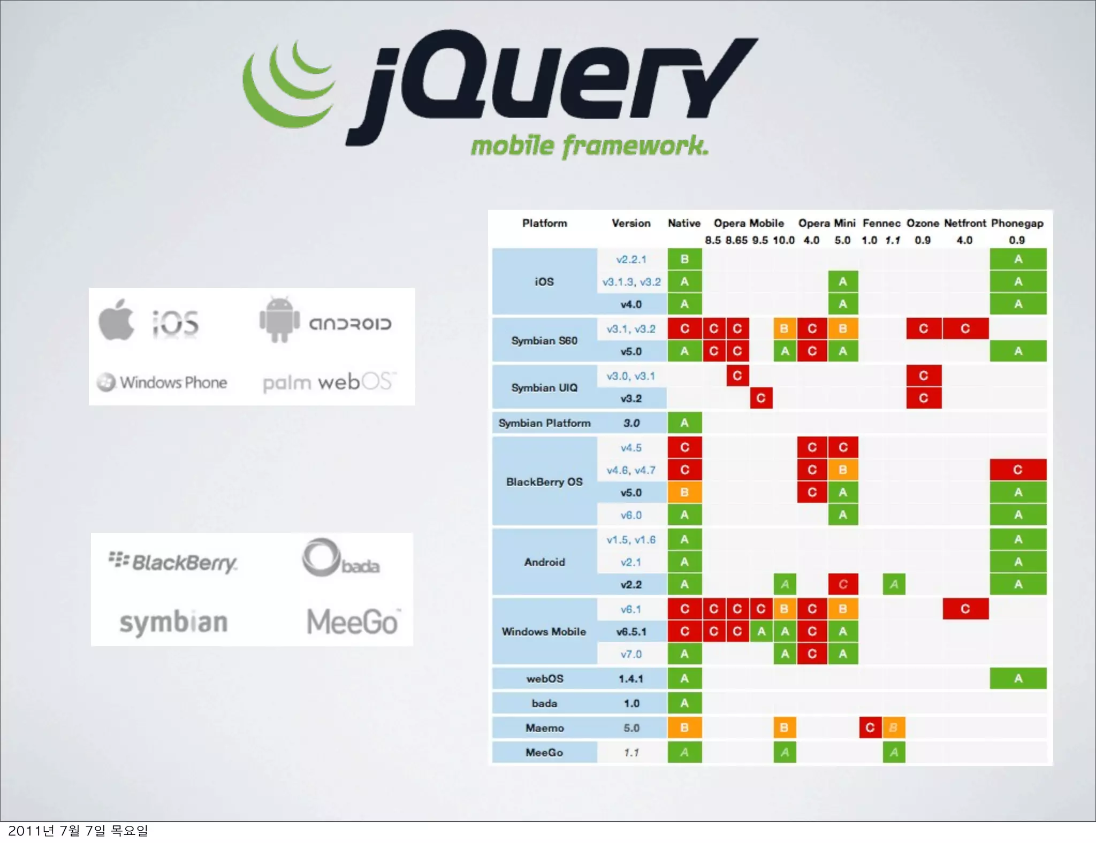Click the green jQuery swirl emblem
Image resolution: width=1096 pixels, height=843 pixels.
(x=286, y=86)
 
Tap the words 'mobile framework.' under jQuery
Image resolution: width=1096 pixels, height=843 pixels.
(x=589, y=146)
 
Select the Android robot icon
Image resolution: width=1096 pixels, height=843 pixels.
(x=279, y=320)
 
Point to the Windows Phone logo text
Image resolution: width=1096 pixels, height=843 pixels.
(x=173, y=382)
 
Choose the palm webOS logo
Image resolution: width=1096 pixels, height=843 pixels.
(x=329, y=382)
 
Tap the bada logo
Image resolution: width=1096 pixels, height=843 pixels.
(x=340, y=559)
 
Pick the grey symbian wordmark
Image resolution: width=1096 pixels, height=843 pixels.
(x=173, y=622)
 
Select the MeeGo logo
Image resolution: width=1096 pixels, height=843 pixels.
(x=353, y=622)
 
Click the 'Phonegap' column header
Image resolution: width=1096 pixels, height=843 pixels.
(x=1017, y=223)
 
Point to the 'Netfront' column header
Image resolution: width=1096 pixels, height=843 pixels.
(x=964, y=223)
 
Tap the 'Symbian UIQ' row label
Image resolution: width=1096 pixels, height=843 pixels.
(x=544, y=387)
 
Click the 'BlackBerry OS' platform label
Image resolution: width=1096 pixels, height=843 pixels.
(x=544, y=481)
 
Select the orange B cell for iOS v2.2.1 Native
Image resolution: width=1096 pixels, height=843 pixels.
(x=684, y=259)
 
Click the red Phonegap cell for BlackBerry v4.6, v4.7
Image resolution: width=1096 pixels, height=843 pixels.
(x=1017, y=470)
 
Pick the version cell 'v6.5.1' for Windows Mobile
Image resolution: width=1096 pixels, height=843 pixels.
(x=631, y=632)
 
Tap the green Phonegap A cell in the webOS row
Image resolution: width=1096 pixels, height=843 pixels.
(x=1017, y=678)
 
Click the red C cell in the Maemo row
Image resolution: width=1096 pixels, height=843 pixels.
(x=870, y=727)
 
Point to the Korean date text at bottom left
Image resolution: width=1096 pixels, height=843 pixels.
(x=78, y=831)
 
